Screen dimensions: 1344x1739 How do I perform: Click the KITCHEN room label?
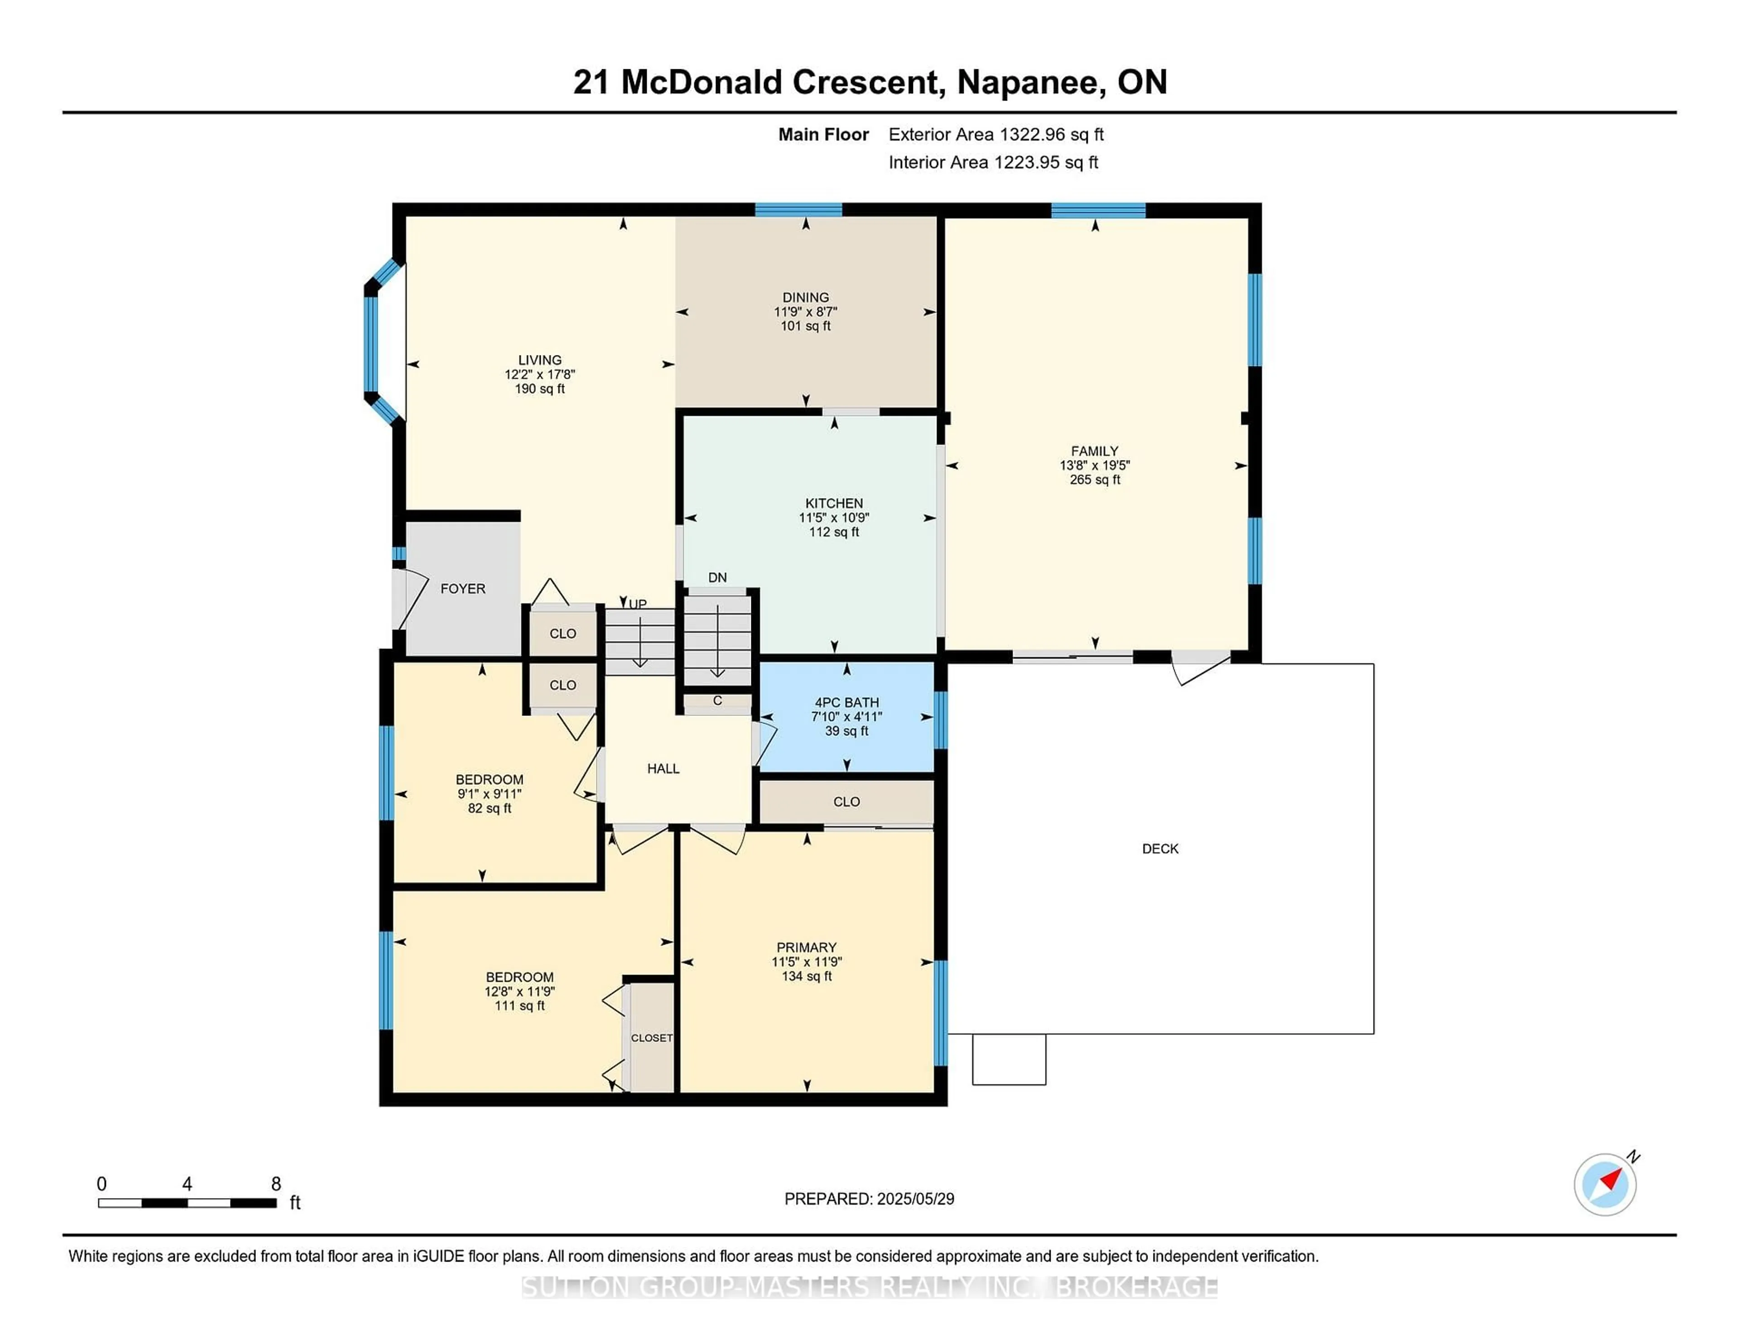(834, 503)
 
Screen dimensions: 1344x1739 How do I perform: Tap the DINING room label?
(805, 297)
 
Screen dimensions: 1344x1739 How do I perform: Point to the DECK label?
(1159, 849)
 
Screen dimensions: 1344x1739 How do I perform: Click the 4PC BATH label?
(846, 702)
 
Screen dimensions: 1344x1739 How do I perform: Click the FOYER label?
(463, 588)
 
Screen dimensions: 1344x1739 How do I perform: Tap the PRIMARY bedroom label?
(806, 947)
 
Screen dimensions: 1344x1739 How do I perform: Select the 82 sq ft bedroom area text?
(489, 808)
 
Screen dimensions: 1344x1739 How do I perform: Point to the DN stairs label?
(716, 577)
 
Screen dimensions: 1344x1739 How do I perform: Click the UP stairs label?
(638, 604)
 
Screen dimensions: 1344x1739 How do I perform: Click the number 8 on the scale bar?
(275, 1184)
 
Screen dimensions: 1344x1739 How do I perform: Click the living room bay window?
(371, 342)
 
